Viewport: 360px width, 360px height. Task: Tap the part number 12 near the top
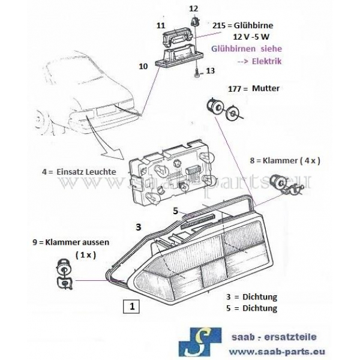coord(193,8)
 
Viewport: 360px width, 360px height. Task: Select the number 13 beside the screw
coord(209,71)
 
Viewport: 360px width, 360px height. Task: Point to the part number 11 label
coord(160,26)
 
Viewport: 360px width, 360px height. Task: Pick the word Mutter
coord(267,88)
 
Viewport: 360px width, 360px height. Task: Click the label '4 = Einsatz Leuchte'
coord(79,172)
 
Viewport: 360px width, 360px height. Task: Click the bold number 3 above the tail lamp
coord(138,227)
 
